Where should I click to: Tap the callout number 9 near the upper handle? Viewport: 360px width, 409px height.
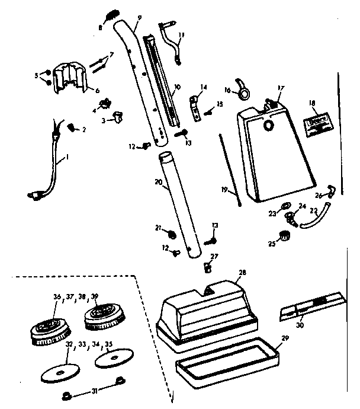pyautogui.click(x=139, y=18)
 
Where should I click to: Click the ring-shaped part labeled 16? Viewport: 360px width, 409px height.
pyautogui.click(x=243, y=90)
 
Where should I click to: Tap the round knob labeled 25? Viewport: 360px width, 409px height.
pyautogui.click(x=285, y=238)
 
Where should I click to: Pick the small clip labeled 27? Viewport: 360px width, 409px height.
pyautogui.click(x=208, y=266)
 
